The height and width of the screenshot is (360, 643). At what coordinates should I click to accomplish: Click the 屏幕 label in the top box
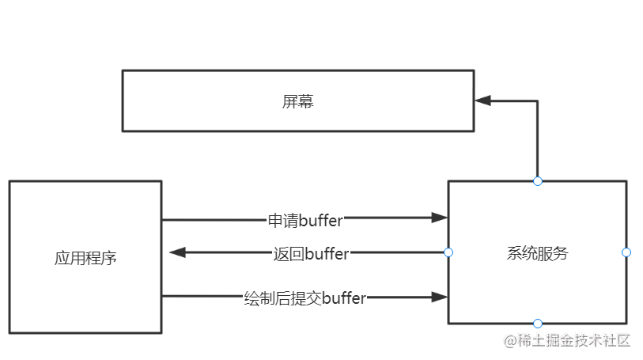(298, 101)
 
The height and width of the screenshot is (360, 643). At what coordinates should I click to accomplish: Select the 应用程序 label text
(85, 258)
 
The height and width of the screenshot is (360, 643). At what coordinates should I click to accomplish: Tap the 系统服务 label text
(537, 253)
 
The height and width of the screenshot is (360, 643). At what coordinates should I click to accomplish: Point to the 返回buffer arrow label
(310, 253)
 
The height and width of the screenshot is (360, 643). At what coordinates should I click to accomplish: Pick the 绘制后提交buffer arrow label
(304, 298)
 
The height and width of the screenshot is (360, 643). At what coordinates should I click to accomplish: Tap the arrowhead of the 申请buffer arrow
(439, 218)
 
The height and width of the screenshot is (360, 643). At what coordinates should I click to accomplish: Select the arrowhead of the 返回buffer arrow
(178, 252)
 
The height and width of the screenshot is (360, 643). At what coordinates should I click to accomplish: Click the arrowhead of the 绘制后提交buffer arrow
(439, 297)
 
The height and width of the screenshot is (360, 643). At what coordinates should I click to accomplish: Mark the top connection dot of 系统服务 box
(538, 181)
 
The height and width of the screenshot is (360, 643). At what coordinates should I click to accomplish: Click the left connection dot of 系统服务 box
(448, 252)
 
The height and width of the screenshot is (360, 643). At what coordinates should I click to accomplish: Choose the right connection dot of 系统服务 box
(626, 252)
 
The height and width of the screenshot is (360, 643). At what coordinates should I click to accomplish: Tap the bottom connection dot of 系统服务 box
(538, 324)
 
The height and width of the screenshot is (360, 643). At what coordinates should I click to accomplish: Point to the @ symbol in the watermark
(510, 341)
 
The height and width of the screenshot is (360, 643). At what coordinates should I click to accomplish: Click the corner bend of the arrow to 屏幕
(538, 101)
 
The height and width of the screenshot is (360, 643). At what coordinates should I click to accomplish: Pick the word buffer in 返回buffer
(327, 253)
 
